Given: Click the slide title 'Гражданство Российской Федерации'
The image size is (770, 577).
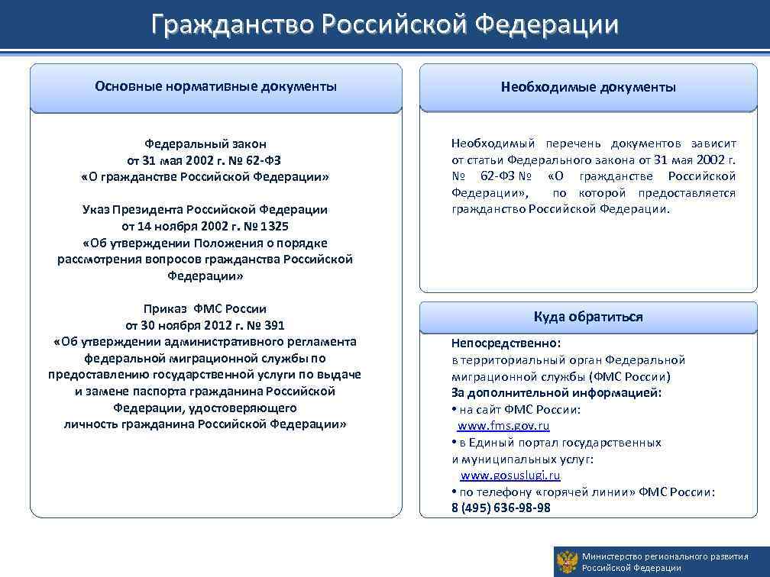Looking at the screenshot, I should pos(384,24).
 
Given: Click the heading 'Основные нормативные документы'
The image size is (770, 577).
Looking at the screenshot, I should pos(215,86).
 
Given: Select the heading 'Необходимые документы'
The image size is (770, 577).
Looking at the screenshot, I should pos(588,87).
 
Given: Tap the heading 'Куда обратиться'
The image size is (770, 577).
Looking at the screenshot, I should pos(588,316).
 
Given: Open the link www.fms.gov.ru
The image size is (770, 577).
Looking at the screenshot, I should pos(503,426).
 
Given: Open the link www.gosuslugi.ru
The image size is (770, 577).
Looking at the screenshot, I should pos(510,475).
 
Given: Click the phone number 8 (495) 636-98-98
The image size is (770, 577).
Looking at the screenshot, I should pos(500,508).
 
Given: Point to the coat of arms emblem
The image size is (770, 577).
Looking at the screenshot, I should pos(566,562).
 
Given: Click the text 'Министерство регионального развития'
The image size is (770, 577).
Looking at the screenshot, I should pos(665,556).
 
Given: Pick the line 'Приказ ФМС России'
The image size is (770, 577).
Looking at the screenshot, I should pos(205,308).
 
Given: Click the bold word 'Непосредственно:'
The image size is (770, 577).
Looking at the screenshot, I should pos(506,343).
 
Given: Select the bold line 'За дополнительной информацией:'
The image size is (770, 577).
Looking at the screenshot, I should pos(556,393).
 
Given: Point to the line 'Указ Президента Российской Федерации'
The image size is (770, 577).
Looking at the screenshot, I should pos(205,209).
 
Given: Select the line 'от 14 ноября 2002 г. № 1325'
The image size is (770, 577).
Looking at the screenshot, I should pos(205,226).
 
